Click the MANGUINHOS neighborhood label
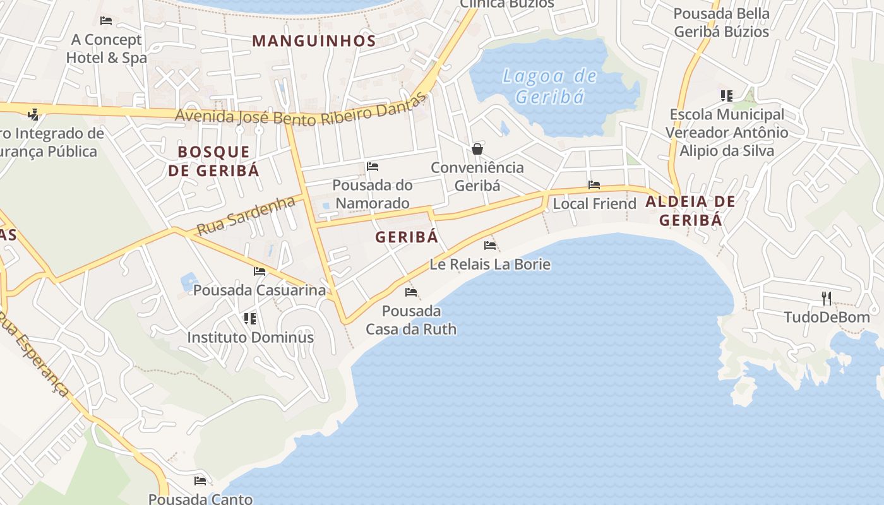pyautogui.click(x=314, y=41)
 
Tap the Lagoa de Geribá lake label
pyautogui.click(x=549, y=86)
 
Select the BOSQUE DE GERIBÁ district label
pyautogui.click(x=213, y=161)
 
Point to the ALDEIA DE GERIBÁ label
pyautogui.click(x=690, y=211)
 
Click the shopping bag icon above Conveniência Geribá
pyautogui.click(x=477, y=149)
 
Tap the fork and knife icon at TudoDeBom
pyautogui.click(x=827, y=298)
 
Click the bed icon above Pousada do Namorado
pyautogui.click(x=373, y=167)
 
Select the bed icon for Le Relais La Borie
pyautogui.click(x=490, y=246)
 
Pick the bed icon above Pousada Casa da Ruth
pyautogui.click(x=411, y=292)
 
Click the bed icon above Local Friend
pyautogui.click(x=594, y=185)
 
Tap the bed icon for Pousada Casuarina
pyautogui.click(x=260, y=271)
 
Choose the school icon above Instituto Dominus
pyautogui.click(x=250, y=319)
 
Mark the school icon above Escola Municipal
pyautogui.click(x=726, y=96)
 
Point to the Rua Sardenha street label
pyautogui.click(x=246, y=216)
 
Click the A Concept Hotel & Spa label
pyautogui.click(x=106, y=49)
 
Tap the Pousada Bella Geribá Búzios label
pyautogui.click(x=722, y=23)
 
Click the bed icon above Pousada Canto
pyautogui.click(x=200, y=481)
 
